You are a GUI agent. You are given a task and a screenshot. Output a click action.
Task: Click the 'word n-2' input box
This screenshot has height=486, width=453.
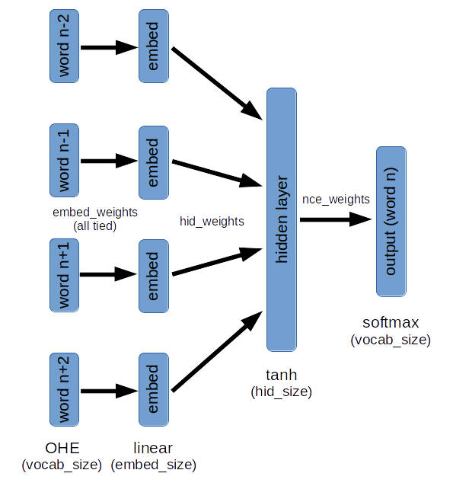pyautogui.click(x=64, y=46)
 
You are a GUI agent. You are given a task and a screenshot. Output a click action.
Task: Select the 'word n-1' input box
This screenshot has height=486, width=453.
pyautogui.click(x=64, y=160)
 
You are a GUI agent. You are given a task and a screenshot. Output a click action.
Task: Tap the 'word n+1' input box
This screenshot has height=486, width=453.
pyautogui.click(x=64, y=275)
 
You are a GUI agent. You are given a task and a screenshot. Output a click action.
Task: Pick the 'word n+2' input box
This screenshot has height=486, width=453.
pyautogui.click(x=64, y=389)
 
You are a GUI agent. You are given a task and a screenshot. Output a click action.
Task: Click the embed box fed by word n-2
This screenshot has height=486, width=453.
pyautogui.click(x=154, y=46)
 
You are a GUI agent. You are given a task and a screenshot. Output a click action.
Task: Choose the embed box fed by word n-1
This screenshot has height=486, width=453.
pyautogui.click(x=154, y=162)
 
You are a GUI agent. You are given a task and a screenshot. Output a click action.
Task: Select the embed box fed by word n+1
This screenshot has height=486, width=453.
pyautogui.click(x=154, y=277)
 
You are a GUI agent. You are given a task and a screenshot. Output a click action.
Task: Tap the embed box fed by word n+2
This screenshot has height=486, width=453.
pyautogui.click(x=154, y=389)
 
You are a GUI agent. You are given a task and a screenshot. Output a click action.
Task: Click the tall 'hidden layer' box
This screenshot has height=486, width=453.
pyautogui.click(x=282, y=219)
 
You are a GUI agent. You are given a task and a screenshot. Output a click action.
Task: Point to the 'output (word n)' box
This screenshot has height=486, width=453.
pyautogui.click(x=391, y=222)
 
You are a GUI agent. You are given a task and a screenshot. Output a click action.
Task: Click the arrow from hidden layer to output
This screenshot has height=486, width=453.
pyautogui.click(x=336, y=219)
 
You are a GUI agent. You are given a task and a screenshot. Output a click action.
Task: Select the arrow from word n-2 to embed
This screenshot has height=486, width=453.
pyautogui.click(x=109, y=47)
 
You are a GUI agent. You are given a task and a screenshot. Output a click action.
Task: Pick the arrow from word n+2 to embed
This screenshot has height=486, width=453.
pyautogui.click(x=109, y=391)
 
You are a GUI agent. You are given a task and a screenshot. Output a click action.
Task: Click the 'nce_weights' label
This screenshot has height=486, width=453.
pyautogui.click(x=336, y=200)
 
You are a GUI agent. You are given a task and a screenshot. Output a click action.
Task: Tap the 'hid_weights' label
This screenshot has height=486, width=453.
pyautogui.click(x=212, y=222)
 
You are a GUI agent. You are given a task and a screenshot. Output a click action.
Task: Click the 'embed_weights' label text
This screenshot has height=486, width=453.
pyautogui.click(x=95, y=213)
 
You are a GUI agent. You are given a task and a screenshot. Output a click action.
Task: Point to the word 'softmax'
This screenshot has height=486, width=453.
pyautogui.click(x=391, y=323)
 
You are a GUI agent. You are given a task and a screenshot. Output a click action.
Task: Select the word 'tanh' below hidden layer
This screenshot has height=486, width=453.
pyautogui.click(x=282, y=375)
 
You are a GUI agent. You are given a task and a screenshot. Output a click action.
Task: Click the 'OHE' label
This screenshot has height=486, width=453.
pyautogui.click(x=62, y=448)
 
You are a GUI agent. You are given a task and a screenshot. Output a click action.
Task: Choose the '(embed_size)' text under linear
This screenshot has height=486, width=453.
pyautogui.click(x=153, y=465)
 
